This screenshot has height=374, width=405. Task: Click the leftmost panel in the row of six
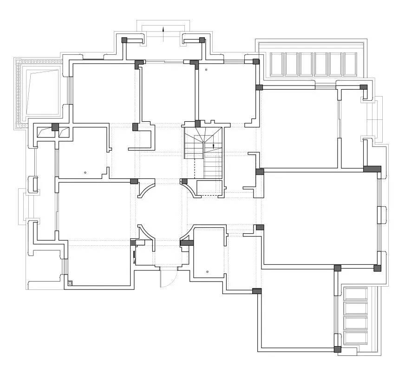tap(277, 64)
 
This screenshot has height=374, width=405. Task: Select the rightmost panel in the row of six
tap(350, 64)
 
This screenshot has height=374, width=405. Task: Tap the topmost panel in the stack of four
tap(355, 294)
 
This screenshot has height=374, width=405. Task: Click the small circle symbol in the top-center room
tap(207, 70)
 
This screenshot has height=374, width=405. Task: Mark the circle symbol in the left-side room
tap(85, 172)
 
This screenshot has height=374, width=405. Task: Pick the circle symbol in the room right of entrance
tap(207, 271)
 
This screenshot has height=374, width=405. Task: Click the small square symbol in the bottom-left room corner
tap(70, 282)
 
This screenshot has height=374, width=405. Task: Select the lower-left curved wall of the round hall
tap(145, 233)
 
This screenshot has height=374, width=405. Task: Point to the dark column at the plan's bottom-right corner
tap(338, 349)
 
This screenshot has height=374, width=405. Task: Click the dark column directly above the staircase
tap(197, 124)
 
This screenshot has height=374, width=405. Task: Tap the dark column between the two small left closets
tap(55, 127)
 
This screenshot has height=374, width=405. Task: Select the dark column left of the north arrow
tap(124, 40)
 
